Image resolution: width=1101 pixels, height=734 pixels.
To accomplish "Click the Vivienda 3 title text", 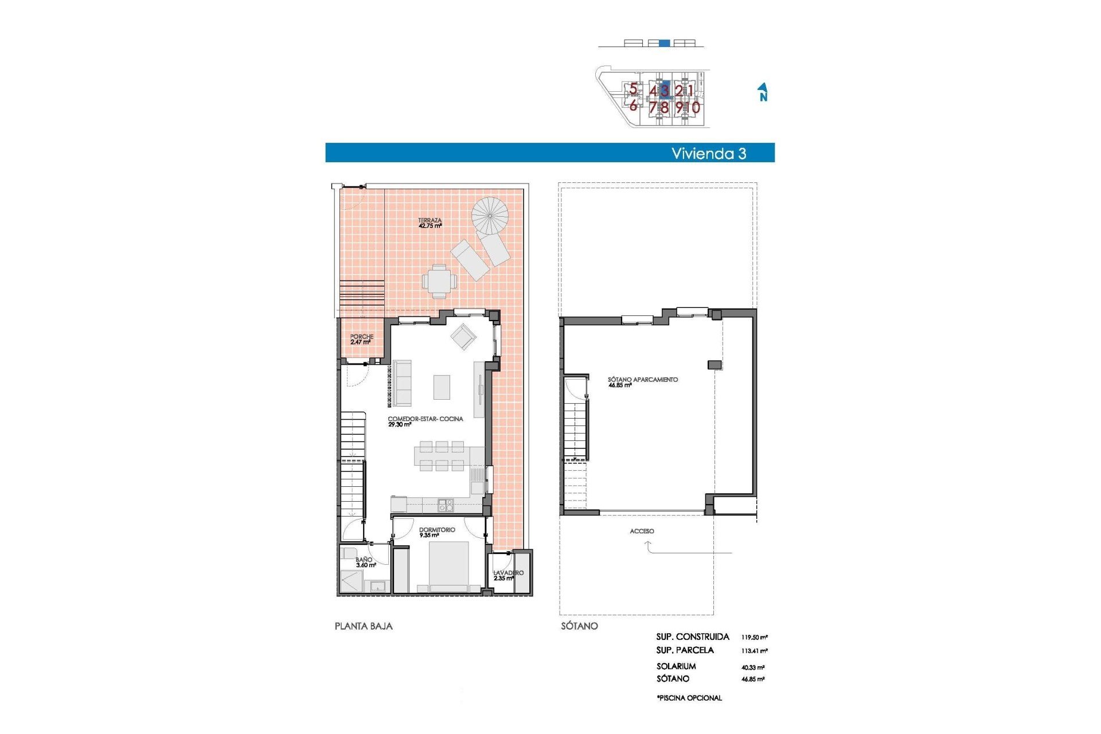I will tap(708, 153).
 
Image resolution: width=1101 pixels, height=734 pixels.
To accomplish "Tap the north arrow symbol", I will tap(763, 92).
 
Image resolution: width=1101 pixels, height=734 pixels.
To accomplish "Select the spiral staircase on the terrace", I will tap(490, 216).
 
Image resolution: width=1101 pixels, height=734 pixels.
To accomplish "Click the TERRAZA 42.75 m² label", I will tap(430, 223).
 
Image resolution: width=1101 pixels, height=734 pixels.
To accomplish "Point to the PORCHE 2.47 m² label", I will tap(361, 339).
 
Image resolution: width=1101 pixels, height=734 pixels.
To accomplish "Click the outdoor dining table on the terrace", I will tap(439, 281).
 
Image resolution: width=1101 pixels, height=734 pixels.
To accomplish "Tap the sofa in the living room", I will tap(402, 382).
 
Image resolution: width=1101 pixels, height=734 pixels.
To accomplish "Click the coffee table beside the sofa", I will tap(441, 386).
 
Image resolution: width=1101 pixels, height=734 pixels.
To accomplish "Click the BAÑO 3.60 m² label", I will tap(365, 563).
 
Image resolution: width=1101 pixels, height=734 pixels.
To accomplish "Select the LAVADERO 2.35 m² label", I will tap(507, 575).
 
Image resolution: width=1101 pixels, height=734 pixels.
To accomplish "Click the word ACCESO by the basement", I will tap(642, 531).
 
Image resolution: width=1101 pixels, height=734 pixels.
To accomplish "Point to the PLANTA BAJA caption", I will tap(364, 626).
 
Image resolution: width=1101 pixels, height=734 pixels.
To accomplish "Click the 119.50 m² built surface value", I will tap(754, 637).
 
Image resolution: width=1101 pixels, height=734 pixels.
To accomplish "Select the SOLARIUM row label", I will tap(676, 666).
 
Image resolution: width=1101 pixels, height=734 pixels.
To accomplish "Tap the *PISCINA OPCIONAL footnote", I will tap(689, 698).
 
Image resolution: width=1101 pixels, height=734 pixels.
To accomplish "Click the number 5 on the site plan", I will tap(633, 89).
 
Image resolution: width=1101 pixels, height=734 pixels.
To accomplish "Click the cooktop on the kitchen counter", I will tap(446, 505).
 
